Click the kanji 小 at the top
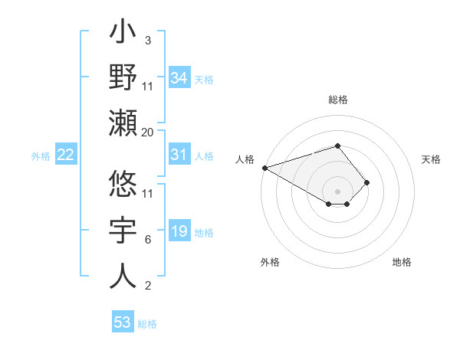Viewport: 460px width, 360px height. pyautogui.click(x=123, y=34)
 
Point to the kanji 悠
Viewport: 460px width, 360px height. pyautogui.click(x=123, y=185)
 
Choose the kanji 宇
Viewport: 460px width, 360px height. pyautogui.click(x=123, y=231)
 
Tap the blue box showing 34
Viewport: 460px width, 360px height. pyautogui.click(x=179, y=78)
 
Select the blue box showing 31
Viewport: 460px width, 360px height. pyautogui.click(x=179, y=155)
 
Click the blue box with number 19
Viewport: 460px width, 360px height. pyautogui.click(x=179, y=232)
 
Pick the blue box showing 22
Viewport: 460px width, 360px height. pyautogui.click(x=66, y=155)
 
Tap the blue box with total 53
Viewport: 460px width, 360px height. pyautogui.click(x=123, y=322)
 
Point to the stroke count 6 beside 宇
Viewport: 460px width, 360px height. pyautogui.click(x=147, y=240)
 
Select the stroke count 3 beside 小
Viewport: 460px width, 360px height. pyautogui.click(x=147, y=40)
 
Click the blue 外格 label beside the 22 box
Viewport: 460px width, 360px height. pyautogui.click(x=41, y=156)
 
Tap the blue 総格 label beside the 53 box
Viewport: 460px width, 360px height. pyautogui.click(x=147, y=324)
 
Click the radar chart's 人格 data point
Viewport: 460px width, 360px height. pyautogui.click(x=264, y=168)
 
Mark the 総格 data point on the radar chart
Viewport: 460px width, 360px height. pyautogui.click(x=337, y=146)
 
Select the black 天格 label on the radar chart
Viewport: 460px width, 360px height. pyautogui.click(x=431, y=159)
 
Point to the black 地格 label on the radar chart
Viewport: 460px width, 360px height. pyautogui.click(x=402, y=262)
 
